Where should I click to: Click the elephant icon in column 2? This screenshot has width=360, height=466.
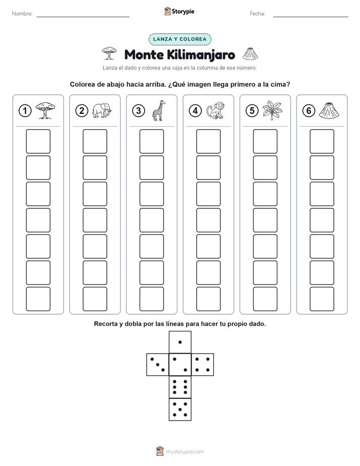click(102, 110)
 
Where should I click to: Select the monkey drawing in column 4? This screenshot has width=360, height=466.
click(216, 110)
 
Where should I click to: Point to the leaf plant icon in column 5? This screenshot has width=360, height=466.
click(272, 110)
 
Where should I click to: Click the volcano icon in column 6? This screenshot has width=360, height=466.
click(329, 110)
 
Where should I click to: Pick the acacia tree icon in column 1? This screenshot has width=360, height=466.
click(45, 110)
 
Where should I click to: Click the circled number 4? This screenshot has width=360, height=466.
click(195, 111)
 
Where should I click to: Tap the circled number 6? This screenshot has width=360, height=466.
click(309, 111)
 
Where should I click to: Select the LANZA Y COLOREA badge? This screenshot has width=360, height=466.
click(179, 39)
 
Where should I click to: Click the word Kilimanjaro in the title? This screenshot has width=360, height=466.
click(201, 55)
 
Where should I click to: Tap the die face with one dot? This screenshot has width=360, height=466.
click(180, 342)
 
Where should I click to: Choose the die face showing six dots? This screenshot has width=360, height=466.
click(180, 387)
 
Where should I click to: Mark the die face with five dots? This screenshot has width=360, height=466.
click(180, 410)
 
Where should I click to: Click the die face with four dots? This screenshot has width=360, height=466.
click(203, 365)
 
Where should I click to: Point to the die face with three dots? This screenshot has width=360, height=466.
click(158, 365)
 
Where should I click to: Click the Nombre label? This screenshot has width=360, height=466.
click(22, 14)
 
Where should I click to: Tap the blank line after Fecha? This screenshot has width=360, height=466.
click(311, 17)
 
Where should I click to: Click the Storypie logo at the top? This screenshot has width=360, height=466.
click(179, 11)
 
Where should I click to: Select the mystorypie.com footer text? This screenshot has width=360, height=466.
click(185, 452)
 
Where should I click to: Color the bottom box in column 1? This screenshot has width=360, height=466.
click(38, 299)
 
